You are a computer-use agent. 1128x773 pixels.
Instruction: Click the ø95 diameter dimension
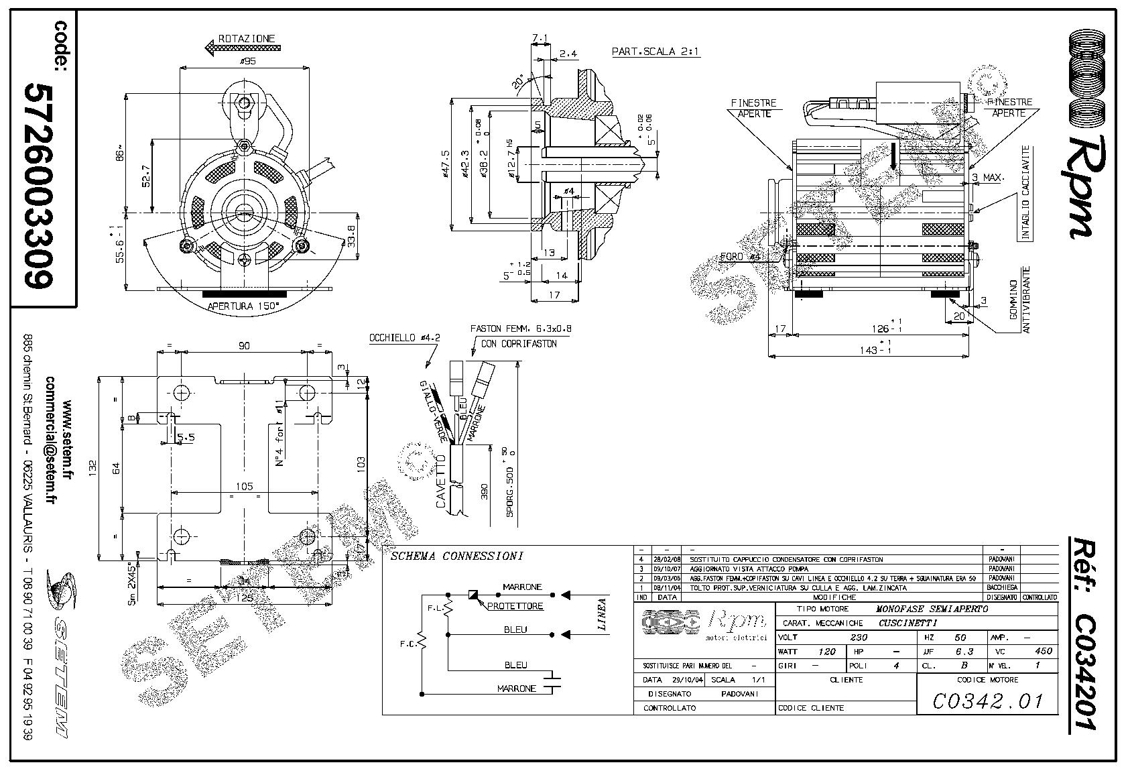pos(247,62)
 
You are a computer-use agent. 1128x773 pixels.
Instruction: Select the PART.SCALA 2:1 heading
pos(656,52)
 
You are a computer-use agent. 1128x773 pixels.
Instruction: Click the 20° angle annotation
pos(518,81)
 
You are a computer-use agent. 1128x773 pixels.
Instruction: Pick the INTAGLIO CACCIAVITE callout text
pos(1025,193)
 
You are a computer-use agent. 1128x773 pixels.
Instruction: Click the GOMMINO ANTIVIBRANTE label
pos(1019,300)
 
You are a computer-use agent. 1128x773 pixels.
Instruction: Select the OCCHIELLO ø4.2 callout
pos(404,339)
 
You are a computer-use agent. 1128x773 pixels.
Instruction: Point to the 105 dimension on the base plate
pos(245,486)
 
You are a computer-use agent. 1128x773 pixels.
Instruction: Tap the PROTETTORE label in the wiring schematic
pos(515,606)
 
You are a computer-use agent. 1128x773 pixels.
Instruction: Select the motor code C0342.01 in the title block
pos(988,701)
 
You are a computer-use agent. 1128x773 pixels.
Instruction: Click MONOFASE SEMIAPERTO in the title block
pos(932,609)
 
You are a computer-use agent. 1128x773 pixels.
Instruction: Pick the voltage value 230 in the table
pos(859,637)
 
